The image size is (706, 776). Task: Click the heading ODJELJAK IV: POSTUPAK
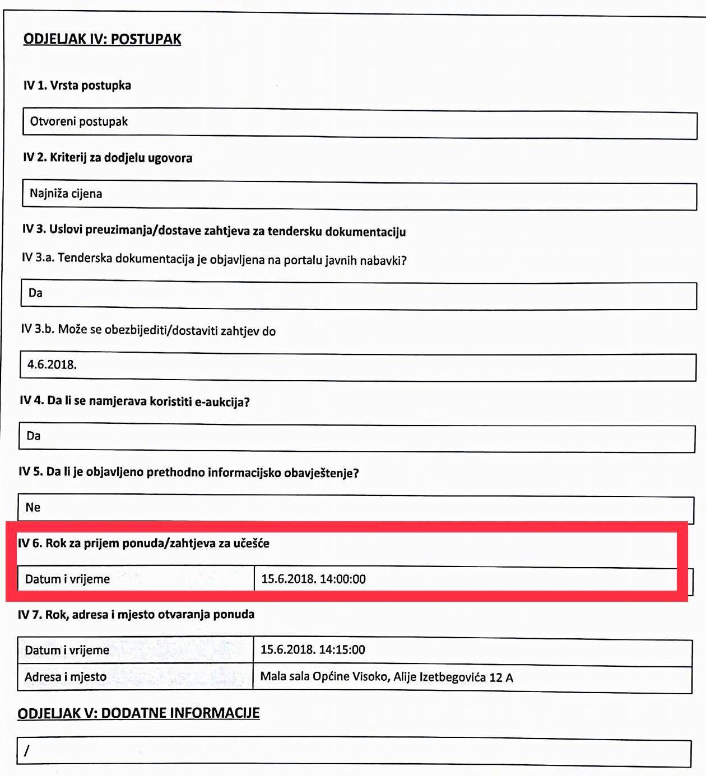tap(102, 39)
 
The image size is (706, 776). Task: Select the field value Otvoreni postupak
tap(79, 121)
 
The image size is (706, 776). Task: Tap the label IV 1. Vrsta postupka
tap(77, 86)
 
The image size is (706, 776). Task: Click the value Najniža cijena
tap(66, 194)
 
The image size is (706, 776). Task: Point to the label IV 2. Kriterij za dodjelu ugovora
tap(108, 158)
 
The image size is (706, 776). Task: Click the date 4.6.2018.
tap(52, 364)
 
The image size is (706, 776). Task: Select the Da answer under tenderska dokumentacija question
tap(35, 293)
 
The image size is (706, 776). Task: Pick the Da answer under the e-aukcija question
tap(34, 436)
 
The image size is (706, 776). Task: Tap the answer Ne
tap(33, 507)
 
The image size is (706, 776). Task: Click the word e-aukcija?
tap(222, 402)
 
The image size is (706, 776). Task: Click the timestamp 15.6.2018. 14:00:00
tap(313, 579)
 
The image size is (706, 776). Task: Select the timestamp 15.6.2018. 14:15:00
tap(313, 649)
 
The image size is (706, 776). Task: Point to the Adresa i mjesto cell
tap(66, 677)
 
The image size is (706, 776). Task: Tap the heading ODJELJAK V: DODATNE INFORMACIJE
tap(138, 713)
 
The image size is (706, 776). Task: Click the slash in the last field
tap(26, 751)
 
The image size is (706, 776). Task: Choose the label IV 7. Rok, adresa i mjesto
tap(136, 614)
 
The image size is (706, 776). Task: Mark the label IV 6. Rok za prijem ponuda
tap(143, 543)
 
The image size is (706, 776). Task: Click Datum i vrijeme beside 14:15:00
tap(67, 650)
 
